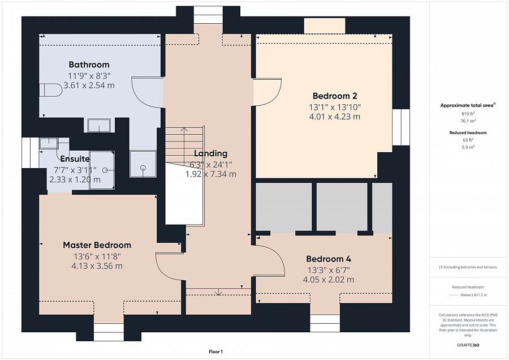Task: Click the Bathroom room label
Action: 89,65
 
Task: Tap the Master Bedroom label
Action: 97,245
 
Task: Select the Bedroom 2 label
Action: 335,96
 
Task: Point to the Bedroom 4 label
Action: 329,259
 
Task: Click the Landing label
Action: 211,153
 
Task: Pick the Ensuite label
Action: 75,159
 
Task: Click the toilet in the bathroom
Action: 51,90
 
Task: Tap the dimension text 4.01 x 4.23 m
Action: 335,117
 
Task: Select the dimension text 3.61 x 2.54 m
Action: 89,85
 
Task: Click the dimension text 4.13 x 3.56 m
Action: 97,266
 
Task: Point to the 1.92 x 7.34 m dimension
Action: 211,174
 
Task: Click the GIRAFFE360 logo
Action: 468,345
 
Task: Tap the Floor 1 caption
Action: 216,352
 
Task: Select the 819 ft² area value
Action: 468,114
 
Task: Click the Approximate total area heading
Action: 468,105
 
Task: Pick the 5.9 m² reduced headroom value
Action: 468,147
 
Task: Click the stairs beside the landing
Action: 184,144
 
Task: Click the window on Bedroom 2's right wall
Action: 401,127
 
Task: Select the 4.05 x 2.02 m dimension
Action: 329,280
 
